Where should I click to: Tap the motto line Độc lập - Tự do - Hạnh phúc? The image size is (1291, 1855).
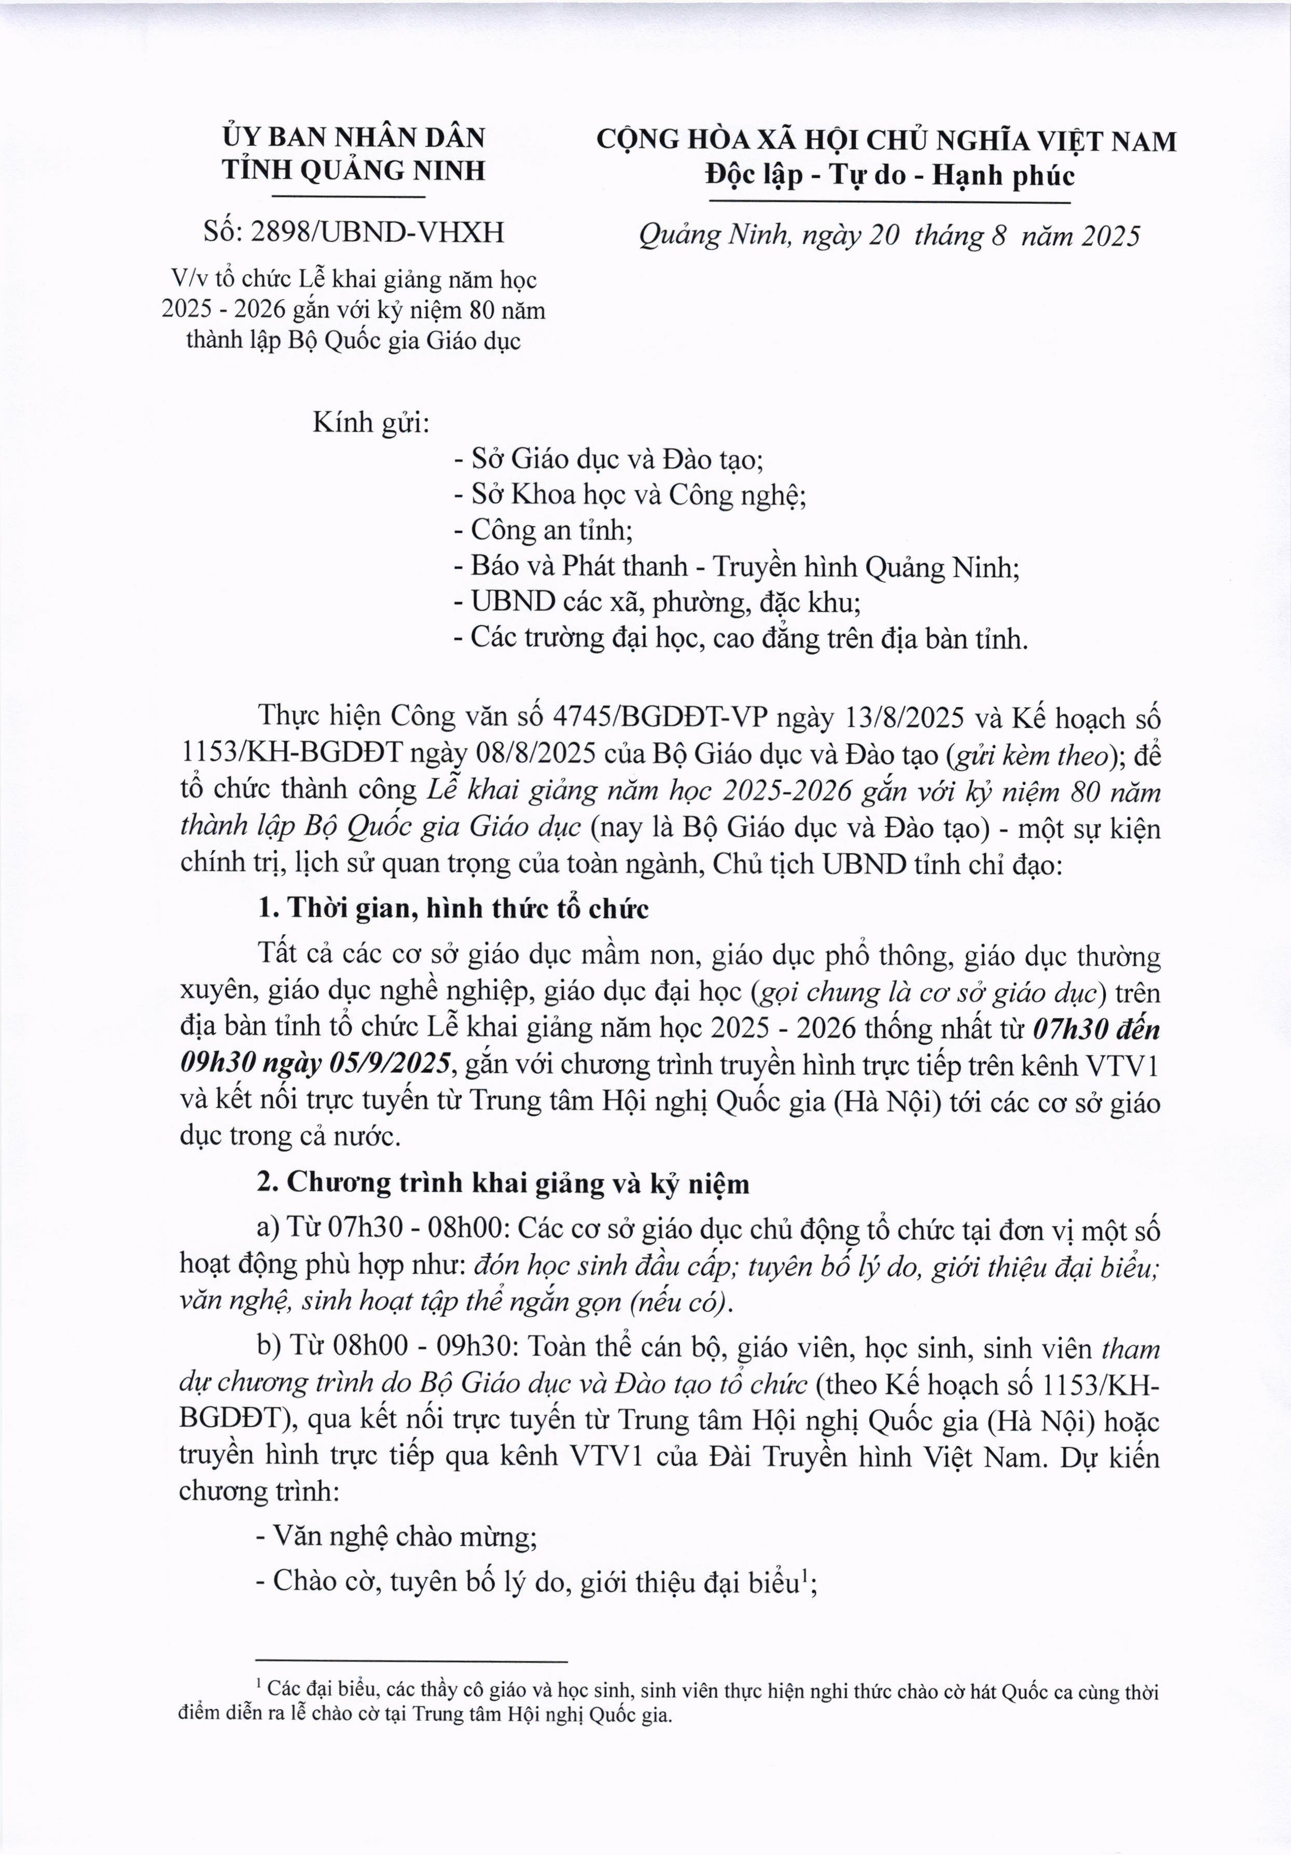[889, 175]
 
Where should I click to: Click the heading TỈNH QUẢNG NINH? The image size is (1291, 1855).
[354, 171]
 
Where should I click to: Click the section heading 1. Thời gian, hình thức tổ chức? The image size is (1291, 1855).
[453, 909]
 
